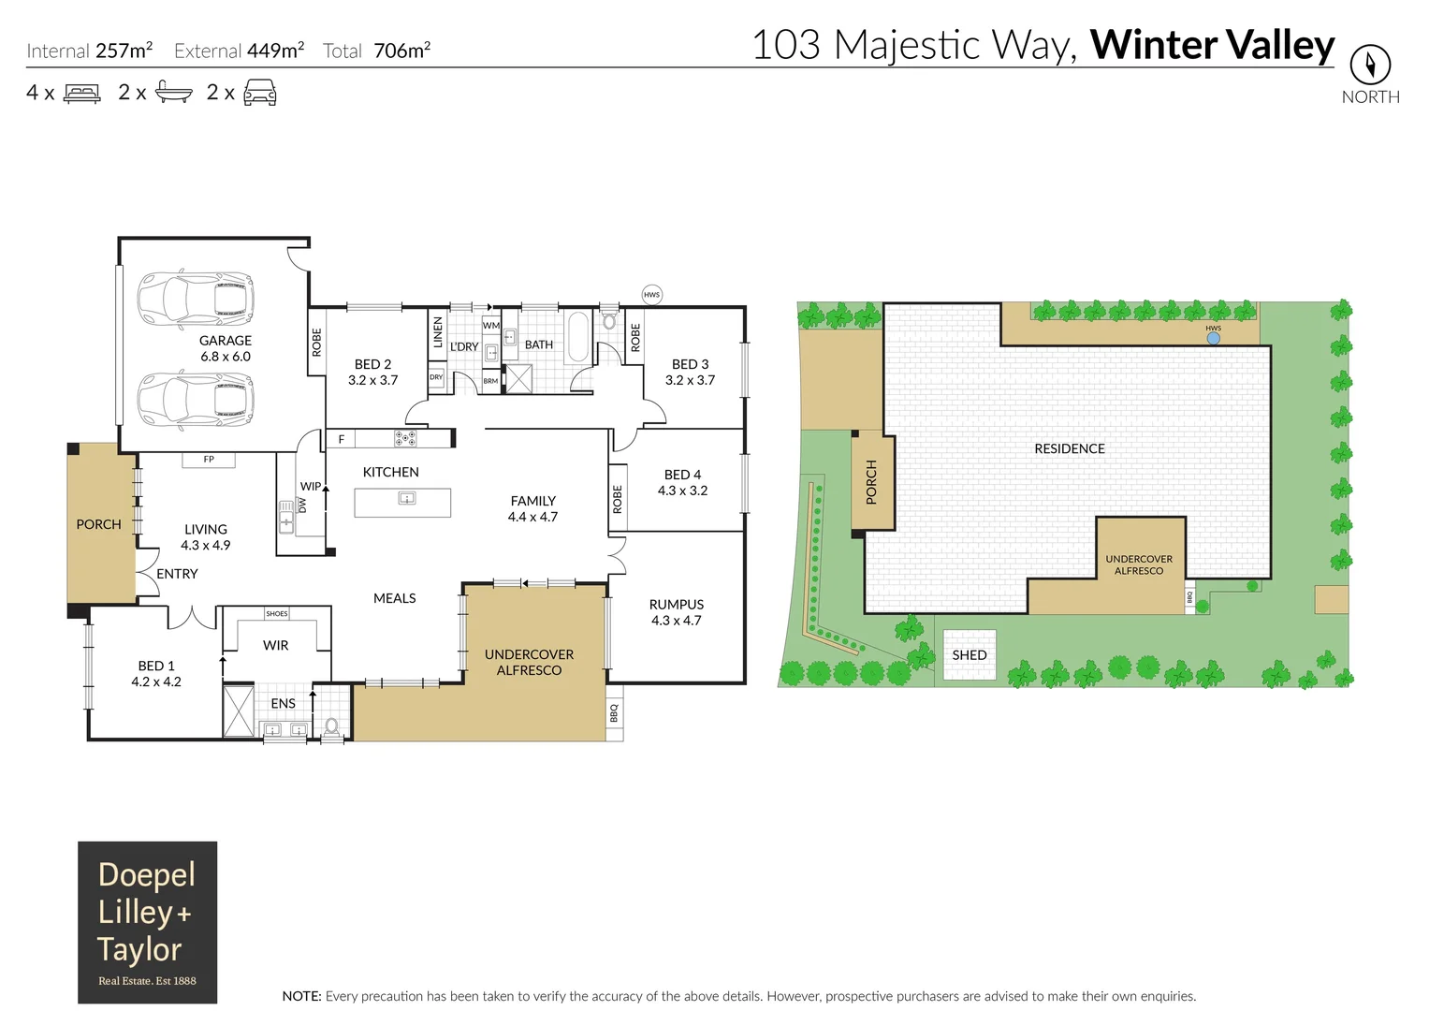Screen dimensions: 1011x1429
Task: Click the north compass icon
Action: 1370,65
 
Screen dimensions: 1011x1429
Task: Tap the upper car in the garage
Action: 196,300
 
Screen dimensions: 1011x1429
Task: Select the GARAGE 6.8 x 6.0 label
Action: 226,348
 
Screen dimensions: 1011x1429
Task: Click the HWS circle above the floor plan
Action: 652,295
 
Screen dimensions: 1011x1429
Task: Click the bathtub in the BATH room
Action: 578,336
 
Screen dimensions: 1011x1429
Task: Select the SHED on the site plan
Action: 970,654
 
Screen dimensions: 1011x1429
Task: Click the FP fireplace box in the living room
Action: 209,460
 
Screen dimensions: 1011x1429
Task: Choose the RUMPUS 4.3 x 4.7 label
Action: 676,612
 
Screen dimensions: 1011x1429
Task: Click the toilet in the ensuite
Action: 331,725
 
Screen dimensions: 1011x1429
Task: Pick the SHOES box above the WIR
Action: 277,614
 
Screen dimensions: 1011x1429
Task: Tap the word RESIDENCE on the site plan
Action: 1070,448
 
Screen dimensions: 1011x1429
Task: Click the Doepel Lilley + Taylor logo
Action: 147,922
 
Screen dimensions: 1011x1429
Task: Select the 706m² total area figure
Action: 401,51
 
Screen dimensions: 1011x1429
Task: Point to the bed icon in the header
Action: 81,94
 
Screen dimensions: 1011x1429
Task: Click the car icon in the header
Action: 259,93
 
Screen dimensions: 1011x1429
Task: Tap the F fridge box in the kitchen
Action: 342,438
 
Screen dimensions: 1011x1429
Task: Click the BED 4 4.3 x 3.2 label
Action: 682,482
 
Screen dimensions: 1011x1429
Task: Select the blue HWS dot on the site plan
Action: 1214,339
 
